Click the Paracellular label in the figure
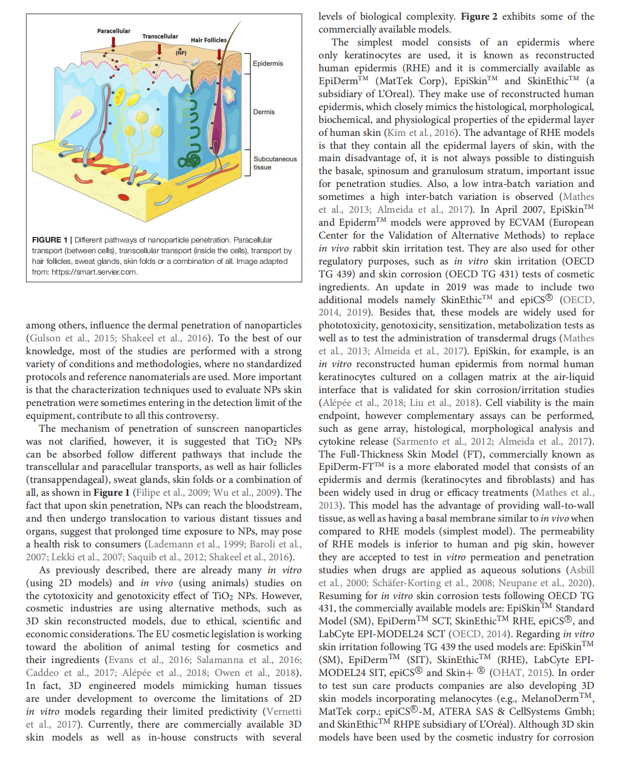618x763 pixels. point(113,31)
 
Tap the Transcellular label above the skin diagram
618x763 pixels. point(160,36)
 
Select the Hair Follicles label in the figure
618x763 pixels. point(208,40)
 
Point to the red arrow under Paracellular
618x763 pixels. point(113,43)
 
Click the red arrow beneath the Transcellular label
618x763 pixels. point(160,49)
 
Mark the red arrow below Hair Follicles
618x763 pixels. point(219,53)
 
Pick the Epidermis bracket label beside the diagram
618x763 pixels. point(267,63)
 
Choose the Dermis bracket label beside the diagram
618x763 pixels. point(263,112)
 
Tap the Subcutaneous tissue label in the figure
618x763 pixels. point(274,163)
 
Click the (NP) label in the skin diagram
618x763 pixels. point(181,53)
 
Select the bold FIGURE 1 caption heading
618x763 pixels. point(49,240)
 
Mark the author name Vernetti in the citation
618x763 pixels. point(283,711)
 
